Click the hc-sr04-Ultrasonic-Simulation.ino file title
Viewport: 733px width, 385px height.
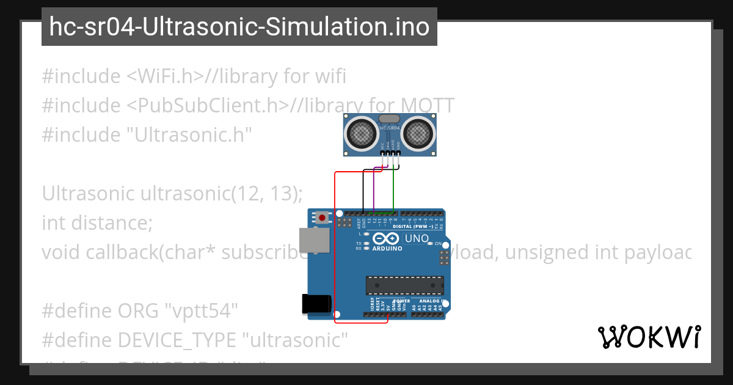[239, 27]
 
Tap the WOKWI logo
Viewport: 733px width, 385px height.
[649, 337]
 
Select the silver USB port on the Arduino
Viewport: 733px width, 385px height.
[314, 242]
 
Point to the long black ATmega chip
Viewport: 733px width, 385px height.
[404, 285]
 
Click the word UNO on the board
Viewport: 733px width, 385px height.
[417, 238]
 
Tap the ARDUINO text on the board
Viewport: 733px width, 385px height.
[387, 249]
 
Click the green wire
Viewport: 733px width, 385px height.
[393, 189]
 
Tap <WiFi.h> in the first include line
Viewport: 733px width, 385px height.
[165, 76]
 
